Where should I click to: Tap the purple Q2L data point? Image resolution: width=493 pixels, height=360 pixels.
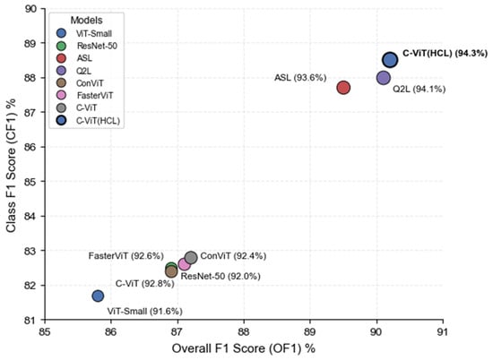(384, 78)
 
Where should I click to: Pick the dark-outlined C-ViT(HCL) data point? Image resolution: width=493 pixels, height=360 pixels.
(390, 60)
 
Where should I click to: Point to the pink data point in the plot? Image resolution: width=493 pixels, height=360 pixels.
(185, 264)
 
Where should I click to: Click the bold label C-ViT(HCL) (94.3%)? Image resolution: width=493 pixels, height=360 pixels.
(445, 54)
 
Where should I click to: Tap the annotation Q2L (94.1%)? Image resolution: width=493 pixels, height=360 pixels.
(419, 90)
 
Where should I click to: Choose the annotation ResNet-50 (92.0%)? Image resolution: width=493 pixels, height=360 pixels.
(221, 277)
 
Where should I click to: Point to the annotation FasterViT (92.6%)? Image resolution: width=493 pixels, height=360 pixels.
(124, 256)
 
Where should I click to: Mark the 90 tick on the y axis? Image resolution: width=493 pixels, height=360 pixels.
(30, 9)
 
